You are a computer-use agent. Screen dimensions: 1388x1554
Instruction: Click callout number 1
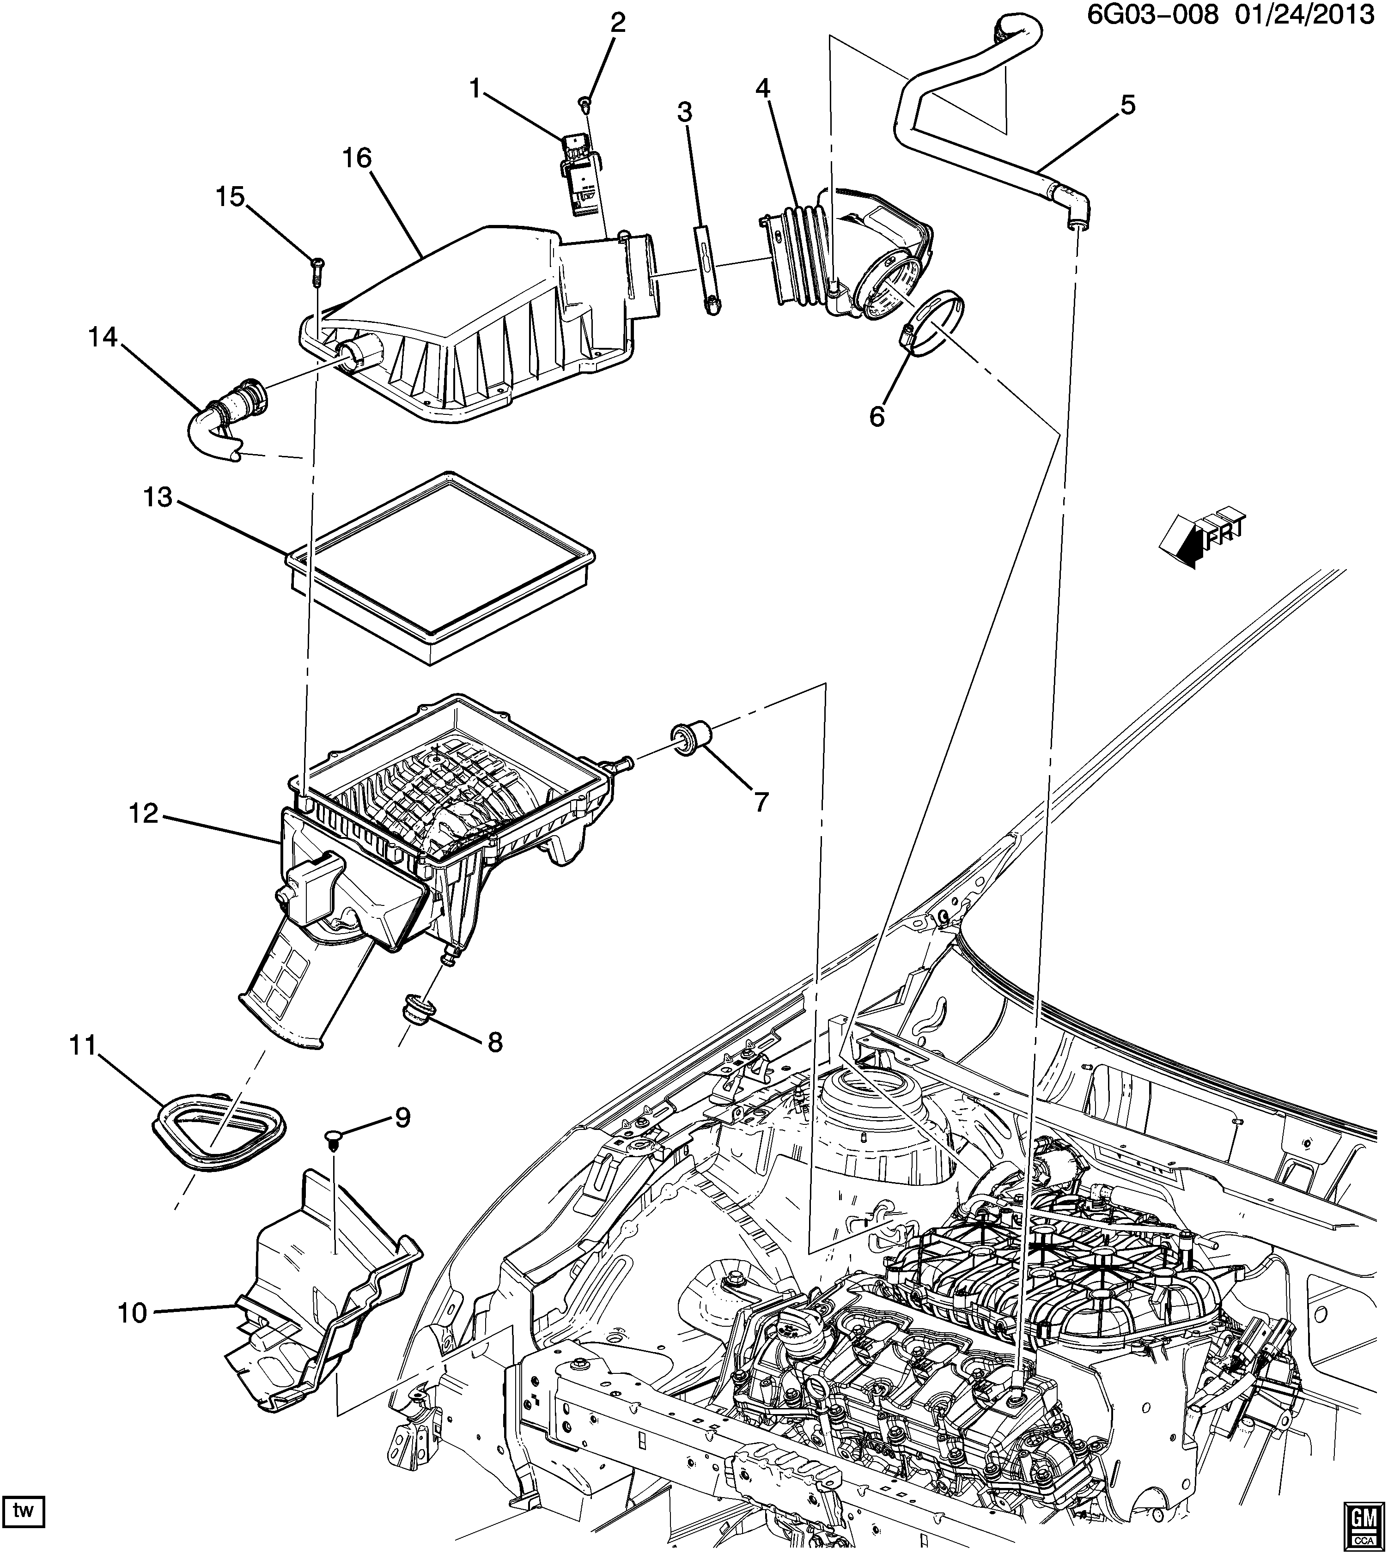point(475,90)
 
